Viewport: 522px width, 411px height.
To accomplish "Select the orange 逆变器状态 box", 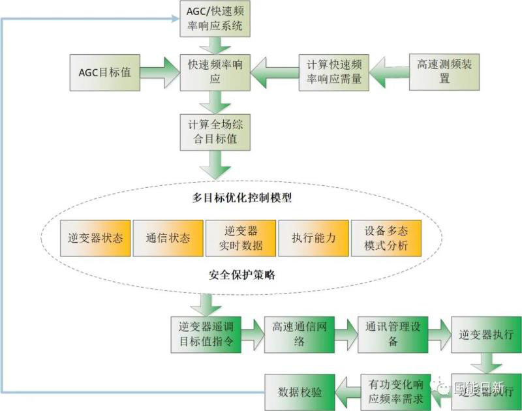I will pyautogui.click(x=95, y=238).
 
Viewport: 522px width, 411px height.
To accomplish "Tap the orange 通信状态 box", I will pyautogui.click(x=168, y=238).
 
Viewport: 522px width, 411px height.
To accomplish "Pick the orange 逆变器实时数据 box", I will pyautogui.click(x=241, y=238).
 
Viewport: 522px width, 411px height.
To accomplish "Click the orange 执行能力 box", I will pyautogui.click(x=314, y=238).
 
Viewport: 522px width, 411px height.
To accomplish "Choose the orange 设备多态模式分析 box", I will pyautogui.click(x=386, y=238).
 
